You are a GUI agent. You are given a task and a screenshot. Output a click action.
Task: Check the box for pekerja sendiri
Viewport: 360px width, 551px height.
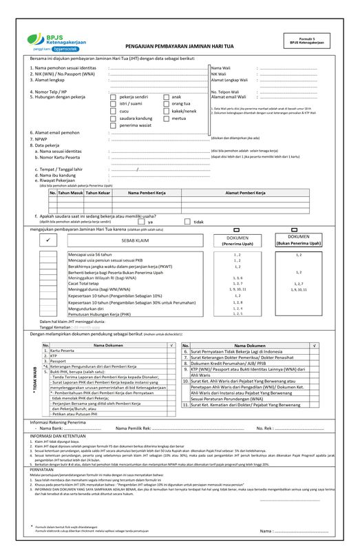coord(114,98)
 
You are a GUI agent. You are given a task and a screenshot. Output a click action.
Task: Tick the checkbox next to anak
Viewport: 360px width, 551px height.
coord(167,98)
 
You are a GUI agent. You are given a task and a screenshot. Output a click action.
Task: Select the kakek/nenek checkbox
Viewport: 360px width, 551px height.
coord(167,111)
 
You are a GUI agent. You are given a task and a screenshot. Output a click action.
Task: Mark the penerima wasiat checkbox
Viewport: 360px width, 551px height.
coord(114,125)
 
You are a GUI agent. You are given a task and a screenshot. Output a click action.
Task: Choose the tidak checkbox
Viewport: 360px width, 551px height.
coord(187,222)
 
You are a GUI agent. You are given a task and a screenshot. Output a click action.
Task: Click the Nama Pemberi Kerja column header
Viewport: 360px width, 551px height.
coord(148,193)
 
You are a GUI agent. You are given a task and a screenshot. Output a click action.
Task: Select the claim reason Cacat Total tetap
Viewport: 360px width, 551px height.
coord(83,283)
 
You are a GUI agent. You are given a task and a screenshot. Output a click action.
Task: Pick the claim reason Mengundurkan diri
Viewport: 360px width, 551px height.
coord(87,308)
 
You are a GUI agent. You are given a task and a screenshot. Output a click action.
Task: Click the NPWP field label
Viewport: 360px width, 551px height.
coord(39,139)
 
